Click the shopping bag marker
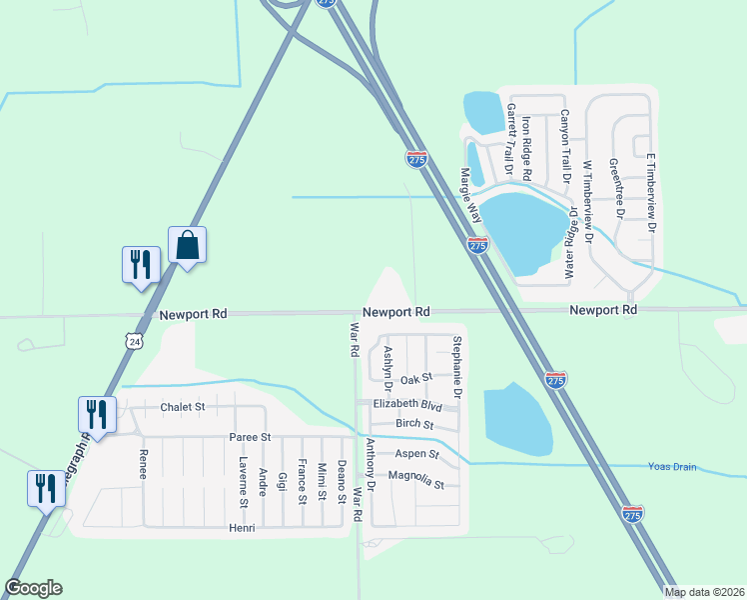pyautogui.click(x=188, y=244)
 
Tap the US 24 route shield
pyautogui.click(x=135, y=342)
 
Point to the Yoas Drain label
pyautogui.click(x=672, y=467)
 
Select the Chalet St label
pyautogui.click(x=182, y=407)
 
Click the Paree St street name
pyautogui.click(x=250, y=437)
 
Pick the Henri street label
pyautogui.click(x=242, y=527)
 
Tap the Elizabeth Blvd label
pyautogui.click(x=406, y=405)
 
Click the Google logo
pyautogui.click(x=33, y=588)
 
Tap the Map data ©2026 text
pyautogui.click(x=704, y=592)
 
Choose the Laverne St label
pyautogui.click(x=243, y=479)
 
